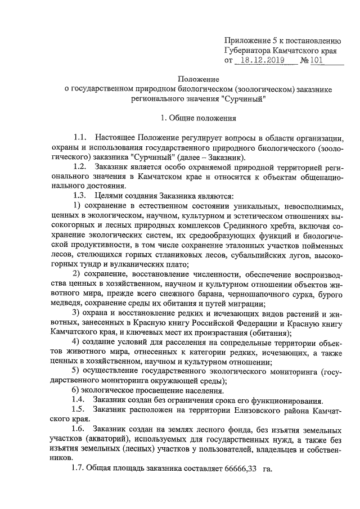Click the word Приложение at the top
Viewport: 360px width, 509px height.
(245, 40)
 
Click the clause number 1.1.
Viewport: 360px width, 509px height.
(80, 138)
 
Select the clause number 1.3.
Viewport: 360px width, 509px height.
(80, 196)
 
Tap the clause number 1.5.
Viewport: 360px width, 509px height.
(80, 410)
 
